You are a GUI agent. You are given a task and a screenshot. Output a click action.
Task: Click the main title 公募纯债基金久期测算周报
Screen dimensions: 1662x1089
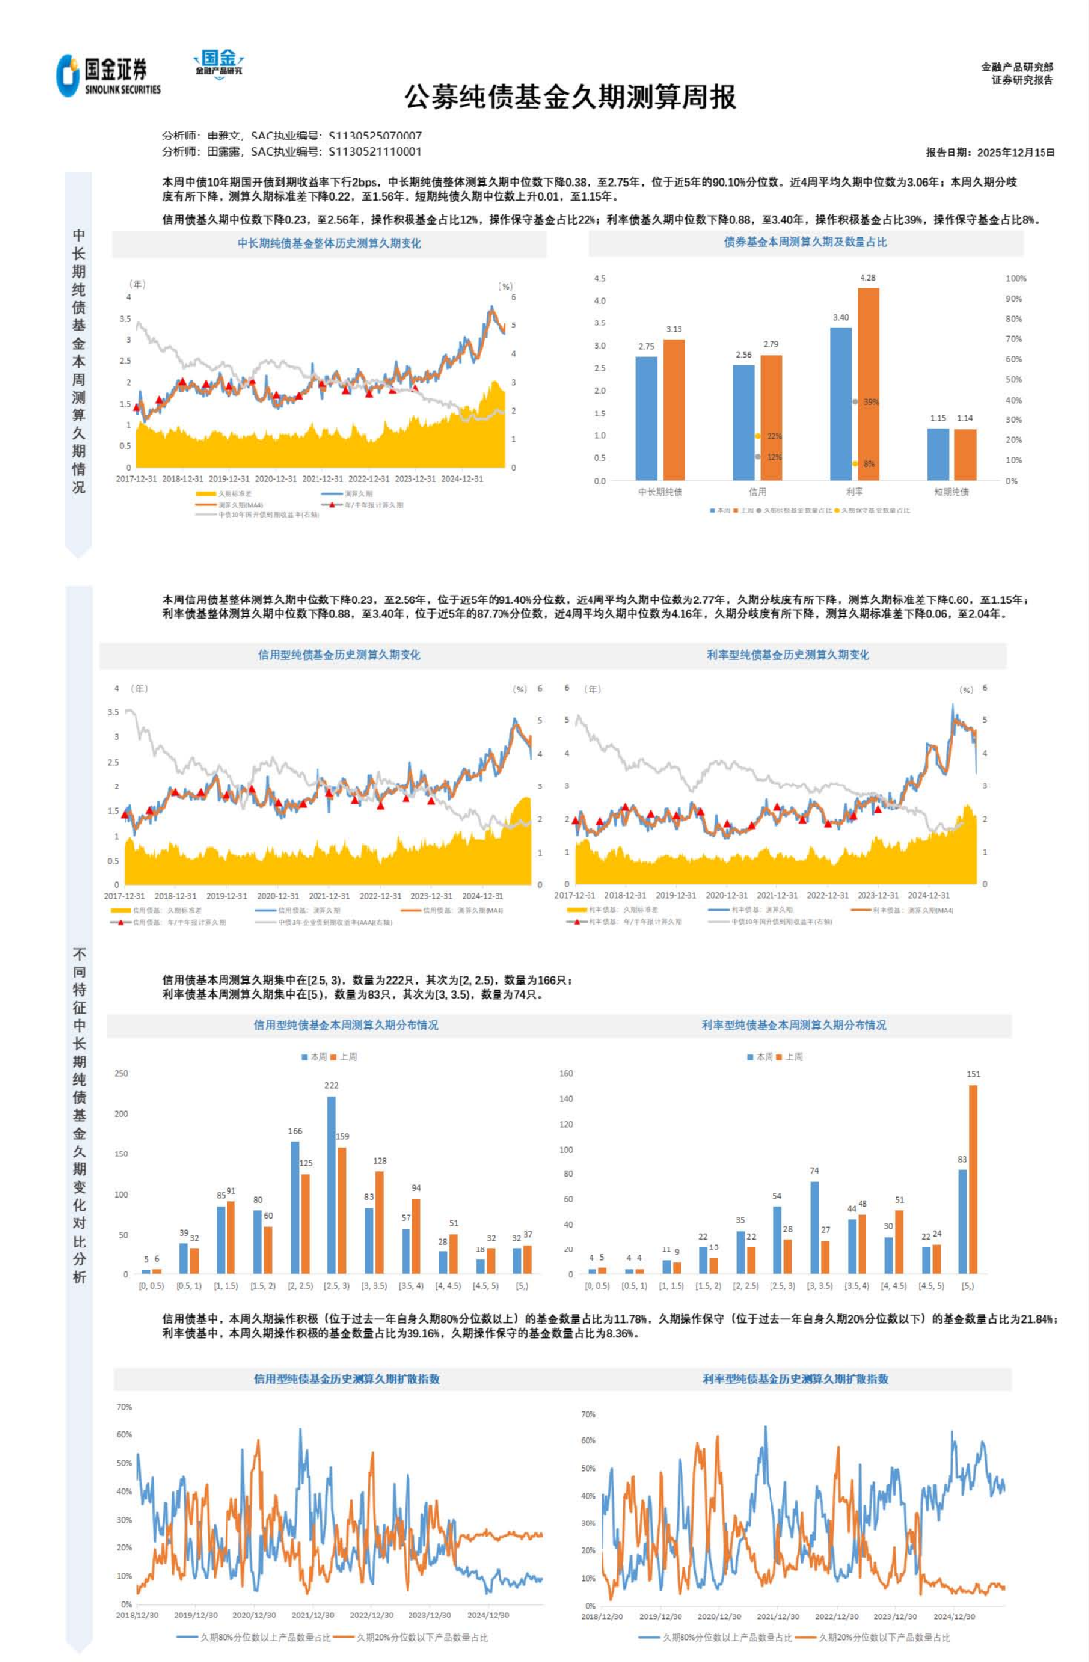(x=570, y=97)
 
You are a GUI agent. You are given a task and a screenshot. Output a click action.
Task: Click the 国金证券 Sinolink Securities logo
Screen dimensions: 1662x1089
(x=109, y=75)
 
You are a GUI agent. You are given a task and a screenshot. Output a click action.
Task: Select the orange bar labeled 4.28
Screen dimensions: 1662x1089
(x=867, y=384)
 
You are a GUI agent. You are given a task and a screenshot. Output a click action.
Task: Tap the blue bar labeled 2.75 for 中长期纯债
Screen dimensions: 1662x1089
(x=646, y=417)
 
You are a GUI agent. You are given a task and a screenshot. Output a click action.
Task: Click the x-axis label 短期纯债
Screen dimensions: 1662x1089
(x=952, y=491)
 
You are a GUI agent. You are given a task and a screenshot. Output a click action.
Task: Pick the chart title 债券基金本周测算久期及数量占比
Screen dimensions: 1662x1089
(x=805, y=242)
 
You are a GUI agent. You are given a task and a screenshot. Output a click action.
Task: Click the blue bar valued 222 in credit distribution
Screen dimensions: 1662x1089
(x=331, y=1184)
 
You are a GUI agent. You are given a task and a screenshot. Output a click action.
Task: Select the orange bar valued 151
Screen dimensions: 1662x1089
(x=973, y=1179)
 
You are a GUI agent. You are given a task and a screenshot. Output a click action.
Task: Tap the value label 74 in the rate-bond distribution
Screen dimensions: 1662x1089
(x=814, y=1171)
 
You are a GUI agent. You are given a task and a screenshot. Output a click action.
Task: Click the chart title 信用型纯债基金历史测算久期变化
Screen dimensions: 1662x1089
(x=339, y=654)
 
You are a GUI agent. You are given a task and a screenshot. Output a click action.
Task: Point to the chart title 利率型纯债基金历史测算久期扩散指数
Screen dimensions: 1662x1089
(x=795, y=1379)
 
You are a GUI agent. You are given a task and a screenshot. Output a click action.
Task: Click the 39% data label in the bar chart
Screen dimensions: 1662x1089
(x=870, y=402)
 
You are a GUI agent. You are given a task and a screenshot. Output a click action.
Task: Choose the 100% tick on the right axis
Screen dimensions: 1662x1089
(x=1016, y=278)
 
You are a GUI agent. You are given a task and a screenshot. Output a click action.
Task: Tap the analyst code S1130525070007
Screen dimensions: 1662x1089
(x=375, y=136)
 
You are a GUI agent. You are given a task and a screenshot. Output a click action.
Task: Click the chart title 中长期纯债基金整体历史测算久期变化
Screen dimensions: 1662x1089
(x=329, y=243)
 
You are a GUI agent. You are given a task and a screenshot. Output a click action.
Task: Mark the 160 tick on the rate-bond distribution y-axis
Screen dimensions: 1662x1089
(x=566, y=1073)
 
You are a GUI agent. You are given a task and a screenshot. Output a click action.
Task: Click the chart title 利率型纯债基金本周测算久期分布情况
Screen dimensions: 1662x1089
(x=794, y=1025)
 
